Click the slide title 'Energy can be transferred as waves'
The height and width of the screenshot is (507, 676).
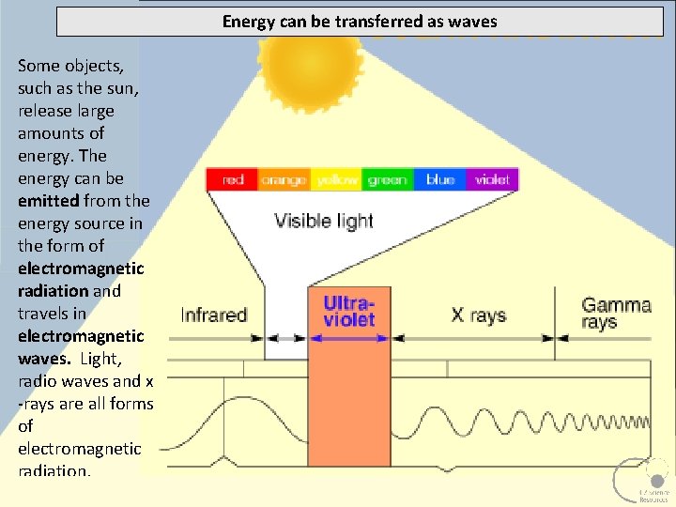pos(360,21)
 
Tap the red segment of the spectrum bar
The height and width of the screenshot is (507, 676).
pos(233,179)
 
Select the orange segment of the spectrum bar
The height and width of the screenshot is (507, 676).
pos(284,179)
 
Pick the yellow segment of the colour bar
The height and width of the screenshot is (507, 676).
pos(337,179)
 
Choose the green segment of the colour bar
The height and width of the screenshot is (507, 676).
pos(387,179)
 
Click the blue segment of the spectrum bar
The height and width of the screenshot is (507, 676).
pos(439,179)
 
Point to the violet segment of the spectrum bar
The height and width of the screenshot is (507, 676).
pos(492,179)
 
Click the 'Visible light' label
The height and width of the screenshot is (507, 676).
pos(324,222)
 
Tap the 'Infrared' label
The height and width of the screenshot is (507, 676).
pos(213,315)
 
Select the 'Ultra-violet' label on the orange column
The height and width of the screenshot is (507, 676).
pos(348,311)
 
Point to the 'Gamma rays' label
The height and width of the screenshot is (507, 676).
pos(616,314)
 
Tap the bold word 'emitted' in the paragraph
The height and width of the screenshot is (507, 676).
pos(48,201)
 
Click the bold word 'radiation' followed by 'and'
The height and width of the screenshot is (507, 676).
pos(53,291)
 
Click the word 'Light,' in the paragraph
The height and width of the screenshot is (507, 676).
pos(100,359)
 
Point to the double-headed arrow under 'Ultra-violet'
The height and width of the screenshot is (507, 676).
pos(348,338)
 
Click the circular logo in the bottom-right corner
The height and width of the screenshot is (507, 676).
pos(642,480)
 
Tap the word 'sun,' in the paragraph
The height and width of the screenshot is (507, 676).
pos(114,88)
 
